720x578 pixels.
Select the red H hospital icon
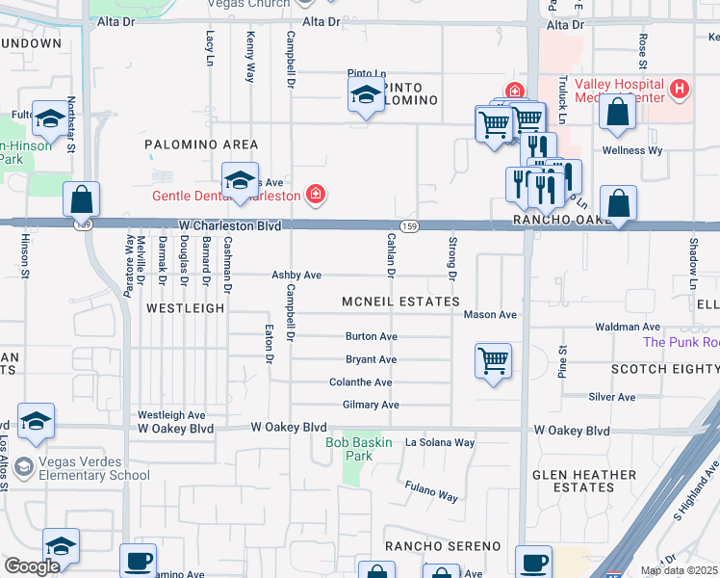coord(681,90)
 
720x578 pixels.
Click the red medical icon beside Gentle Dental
coord(315,196)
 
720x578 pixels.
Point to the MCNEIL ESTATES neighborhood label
coord(400,302)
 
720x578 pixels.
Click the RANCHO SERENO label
coord(443,546)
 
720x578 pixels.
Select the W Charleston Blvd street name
coord(229,225)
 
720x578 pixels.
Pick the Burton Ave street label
coord(372,337)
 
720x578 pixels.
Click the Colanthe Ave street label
coord(360,382)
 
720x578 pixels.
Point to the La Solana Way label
coord(440,442)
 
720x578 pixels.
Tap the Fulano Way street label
coord(430,491)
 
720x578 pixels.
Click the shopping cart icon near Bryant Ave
coord(493,362)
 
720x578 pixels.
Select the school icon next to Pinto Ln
coord(365,95)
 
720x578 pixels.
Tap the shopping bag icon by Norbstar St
coord(83,199)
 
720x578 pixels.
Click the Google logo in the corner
coord(32,566)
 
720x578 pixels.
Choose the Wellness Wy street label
coord(632,150)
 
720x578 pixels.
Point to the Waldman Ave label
coord(627,328)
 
